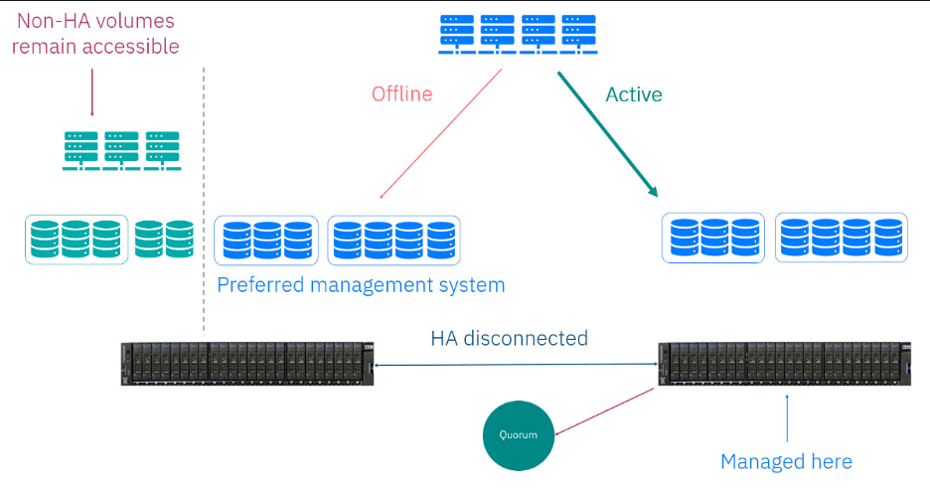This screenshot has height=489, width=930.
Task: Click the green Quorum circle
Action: click(518, 433)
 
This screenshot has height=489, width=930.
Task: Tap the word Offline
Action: click(401, 94)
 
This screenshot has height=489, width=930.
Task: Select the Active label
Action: click(634, 94)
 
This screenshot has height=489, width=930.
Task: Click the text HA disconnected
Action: click(509, 338)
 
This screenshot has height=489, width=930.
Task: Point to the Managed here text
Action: click(786, 461)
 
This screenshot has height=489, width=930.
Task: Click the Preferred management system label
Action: click(361, 285)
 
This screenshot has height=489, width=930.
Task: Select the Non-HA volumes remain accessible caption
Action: click(95, 33)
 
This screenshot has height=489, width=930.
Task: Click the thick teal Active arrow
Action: click(608, 134)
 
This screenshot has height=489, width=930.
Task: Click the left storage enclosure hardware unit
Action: click(244, 364)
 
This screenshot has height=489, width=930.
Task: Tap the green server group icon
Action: click(121, 151)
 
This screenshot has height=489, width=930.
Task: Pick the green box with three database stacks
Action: click(77, 239)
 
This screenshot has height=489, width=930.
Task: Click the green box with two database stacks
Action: click(164, 239)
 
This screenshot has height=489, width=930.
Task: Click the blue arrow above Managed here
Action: click(786, 417)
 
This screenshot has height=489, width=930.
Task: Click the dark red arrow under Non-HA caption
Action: click(91, 92)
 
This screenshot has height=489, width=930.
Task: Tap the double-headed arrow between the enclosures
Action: click(515, 366)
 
